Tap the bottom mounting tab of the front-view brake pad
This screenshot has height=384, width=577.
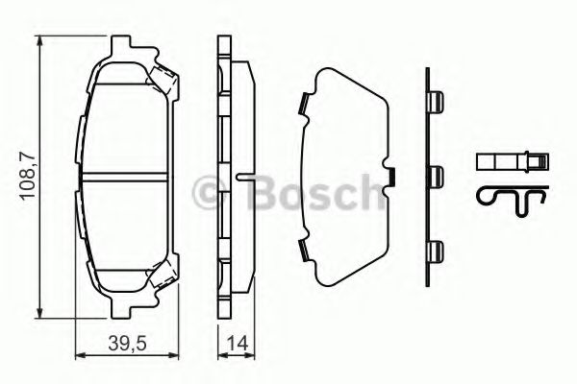[122, 305]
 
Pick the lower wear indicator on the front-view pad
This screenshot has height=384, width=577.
[163, 277]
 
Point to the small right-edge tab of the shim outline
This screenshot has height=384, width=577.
[393, 177]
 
